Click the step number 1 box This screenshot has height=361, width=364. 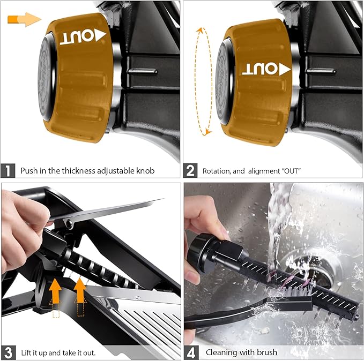(x=8, y=171)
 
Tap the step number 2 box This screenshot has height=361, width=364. (x=190, y=171)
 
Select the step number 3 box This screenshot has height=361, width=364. (x=9, y=353)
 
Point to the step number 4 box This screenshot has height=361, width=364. (x=191, y=353)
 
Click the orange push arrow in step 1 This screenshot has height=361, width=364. (x=24, y=19)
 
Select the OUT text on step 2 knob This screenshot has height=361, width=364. (x=260, y=69)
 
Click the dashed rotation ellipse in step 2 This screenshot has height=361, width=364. (x=195, y=81)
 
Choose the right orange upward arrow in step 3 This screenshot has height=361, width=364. (x=80, y=290)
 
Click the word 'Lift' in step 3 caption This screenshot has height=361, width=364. (x=26, y=353)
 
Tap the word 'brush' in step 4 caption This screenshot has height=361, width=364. (x=267, y=352)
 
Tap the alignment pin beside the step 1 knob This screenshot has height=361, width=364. (x=142, y=71)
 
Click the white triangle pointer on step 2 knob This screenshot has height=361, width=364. (x=285, y=70)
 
